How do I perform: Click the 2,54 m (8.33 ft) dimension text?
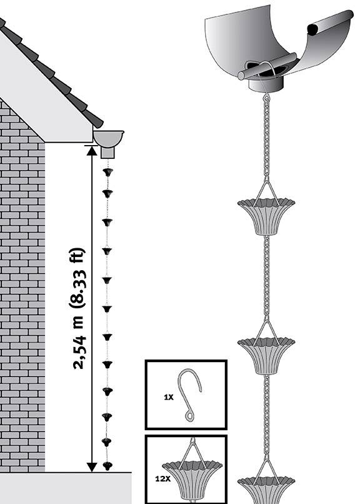coord(78,308)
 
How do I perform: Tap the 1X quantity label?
coord(169,397)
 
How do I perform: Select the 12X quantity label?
coord(163,478)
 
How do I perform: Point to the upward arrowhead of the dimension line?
coord(92,151)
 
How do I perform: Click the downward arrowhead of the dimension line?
coord(92,467)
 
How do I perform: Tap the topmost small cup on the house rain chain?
coord(108,172)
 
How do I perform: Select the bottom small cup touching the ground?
coord(107,466)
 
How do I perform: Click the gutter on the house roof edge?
coord(109,138)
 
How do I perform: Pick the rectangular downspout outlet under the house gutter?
coord(107,153)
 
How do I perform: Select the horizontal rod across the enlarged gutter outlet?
coord(267,66)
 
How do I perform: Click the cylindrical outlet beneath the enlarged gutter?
coord(266,85)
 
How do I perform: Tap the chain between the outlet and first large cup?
coord(266,135)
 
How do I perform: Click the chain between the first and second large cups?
coord(266,276)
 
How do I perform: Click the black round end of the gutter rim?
coord(313,29)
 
